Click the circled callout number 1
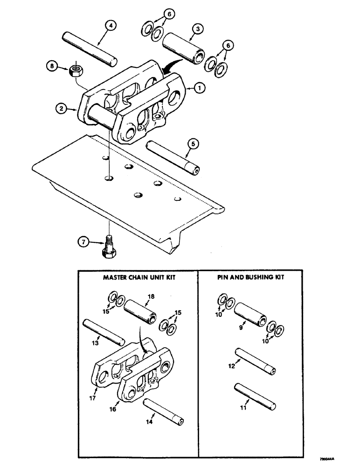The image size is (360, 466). tap(200, 87)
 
